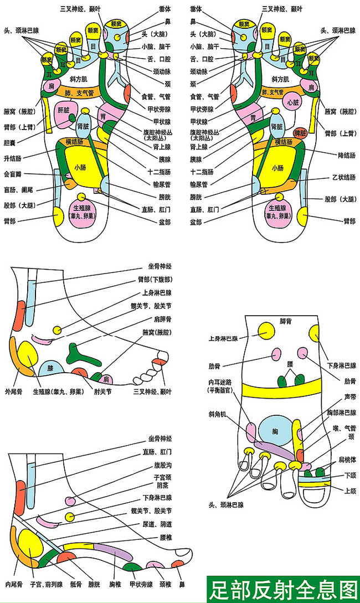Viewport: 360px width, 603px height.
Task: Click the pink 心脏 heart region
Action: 292,102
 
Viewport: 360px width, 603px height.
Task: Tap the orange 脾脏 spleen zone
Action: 300,133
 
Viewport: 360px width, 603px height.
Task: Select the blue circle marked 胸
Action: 275,430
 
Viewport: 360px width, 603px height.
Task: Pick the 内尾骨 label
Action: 14,584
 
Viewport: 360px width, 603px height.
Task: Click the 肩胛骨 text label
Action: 162,319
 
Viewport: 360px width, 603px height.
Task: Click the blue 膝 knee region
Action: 50,367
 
